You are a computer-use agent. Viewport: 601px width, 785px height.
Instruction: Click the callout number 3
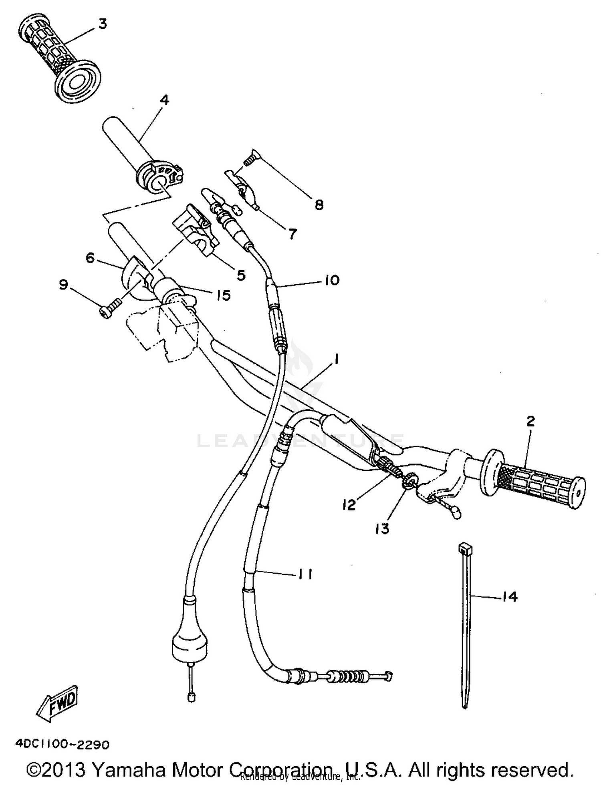coord(103,24)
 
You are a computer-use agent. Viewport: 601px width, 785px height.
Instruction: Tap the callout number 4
coord(164,100)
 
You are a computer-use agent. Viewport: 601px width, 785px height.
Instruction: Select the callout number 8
coord(319,205)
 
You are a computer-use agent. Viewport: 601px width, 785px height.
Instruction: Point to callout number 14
coord(509,597)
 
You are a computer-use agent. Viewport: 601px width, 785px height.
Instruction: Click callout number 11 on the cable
coord(305,574)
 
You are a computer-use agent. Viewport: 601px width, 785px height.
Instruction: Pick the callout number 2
coord(530,421)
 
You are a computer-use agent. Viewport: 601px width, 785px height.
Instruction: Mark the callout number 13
coord(382,529)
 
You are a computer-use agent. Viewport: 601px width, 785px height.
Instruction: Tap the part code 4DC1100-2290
coord(62,745)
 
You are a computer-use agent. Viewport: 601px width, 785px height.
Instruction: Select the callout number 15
coord(224,295)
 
